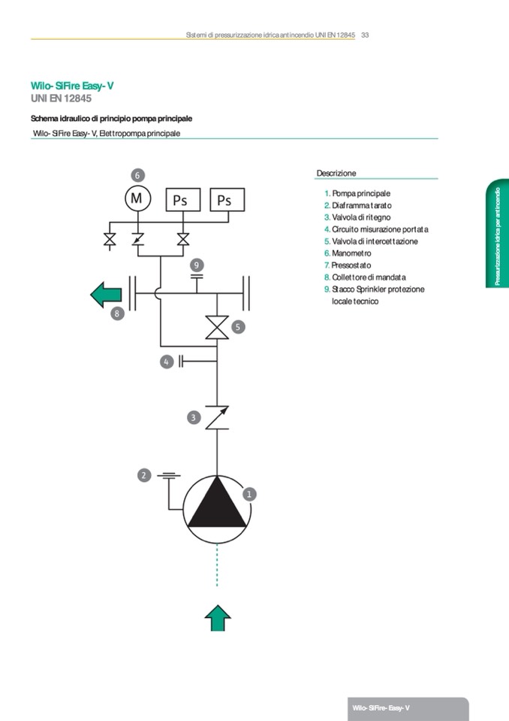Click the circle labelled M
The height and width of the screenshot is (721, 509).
click(x=137, y=198)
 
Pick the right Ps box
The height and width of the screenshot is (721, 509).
click(x=224, y=200)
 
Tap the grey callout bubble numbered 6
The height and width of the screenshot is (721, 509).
click(x=137, y=174)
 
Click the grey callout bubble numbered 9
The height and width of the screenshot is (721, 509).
click(x=197, y=265)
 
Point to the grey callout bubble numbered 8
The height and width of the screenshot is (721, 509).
click(x=117, y=314)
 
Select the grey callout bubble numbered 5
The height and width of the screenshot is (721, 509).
click(x=237, y=327)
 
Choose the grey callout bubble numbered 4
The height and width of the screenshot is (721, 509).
click(x=167, y=362)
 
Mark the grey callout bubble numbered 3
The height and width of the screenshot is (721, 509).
click(x=194, y=417)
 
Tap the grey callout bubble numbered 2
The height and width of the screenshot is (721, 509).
click(x=144, y=475)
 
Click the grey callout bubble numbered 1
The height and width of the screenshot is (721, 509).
click(x=250, y=494)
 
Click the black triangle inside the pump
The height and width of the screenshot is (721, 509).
click(x=217, y=504)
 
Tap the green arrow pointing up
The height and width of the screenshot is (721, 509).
click(x=218, y=618)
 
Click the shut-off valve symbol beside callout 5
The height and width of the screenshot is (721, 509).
click(x=217, y=329)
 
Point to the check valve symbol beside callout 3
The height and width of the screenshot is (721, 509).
click(x=217, y=417)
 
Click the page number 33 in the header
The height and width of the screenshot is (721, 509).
click(x=365, y=35)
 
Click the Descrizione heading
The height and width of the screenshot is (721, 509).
click(x=336, y=173)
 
